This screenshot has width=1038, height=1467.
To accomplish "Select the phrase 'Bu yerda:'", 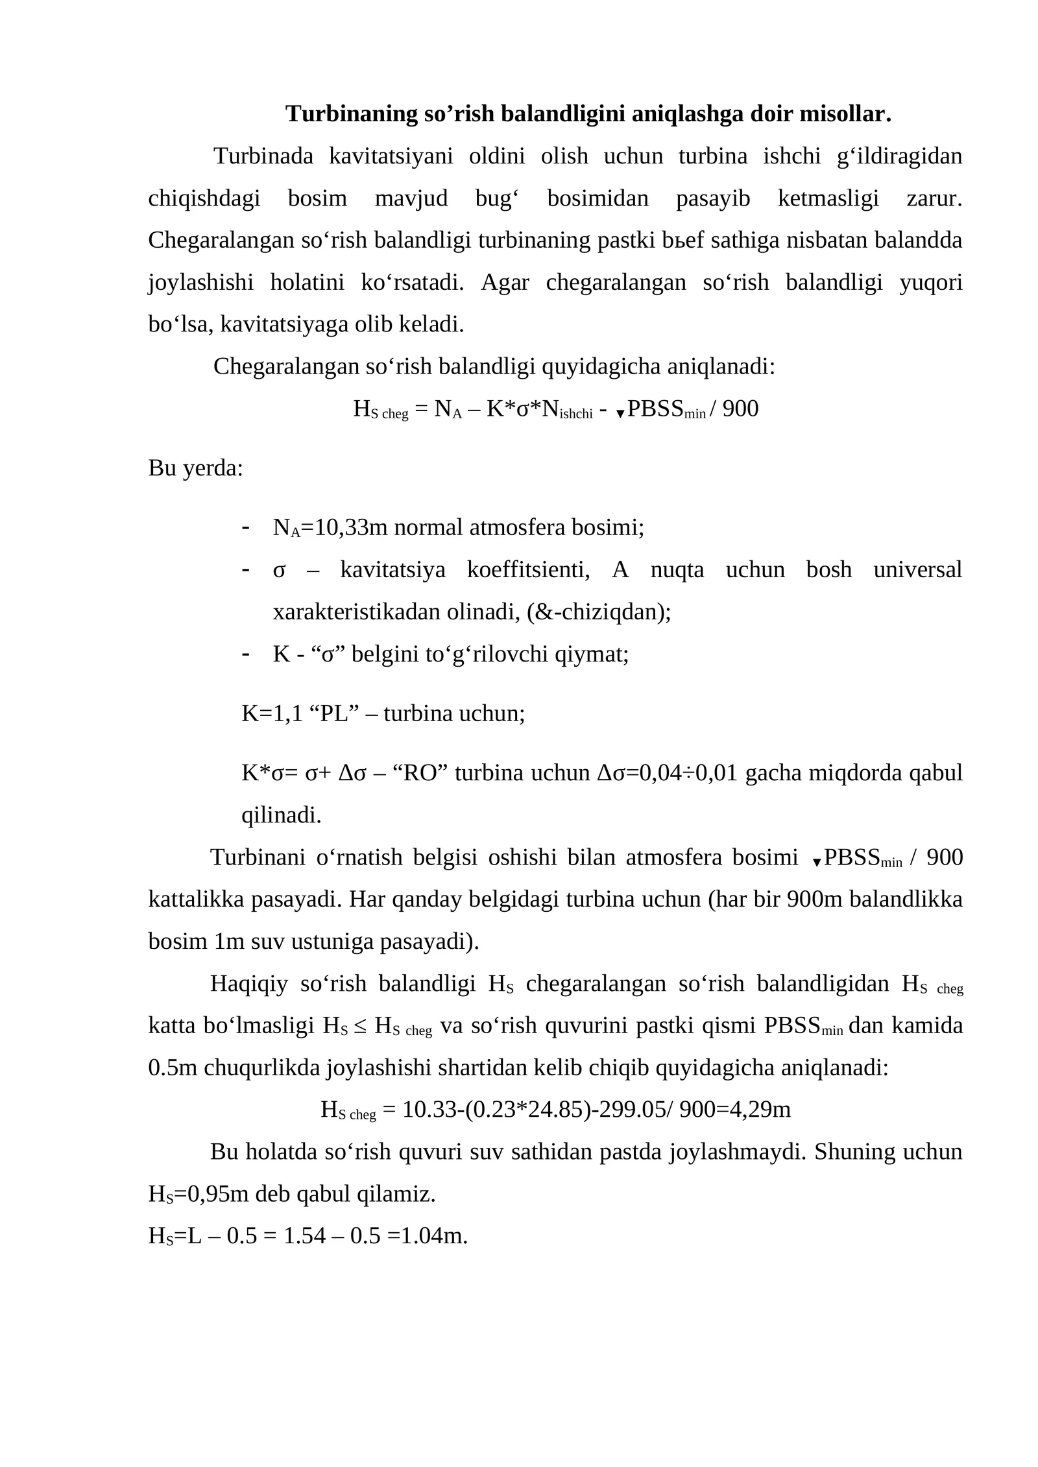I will pos(195,468).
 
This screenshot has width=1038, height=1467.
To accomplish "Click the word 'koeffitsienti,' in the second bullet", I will pos(528,570).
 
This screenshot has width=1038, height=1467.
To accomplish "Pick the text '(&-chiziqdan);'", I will pos(599,612).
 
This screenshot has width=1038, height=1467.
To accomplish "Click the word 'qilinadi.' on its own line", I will pos(281,815).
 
